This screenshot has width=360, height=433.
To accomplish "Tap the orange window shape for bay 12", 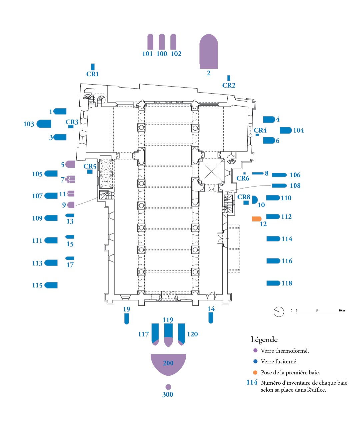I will [x=257, y=219].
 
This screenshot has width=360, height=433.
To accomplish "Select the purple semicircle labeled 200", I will [x=168, y=363].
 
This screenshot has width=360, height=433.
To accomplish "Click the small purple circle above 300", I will [x=168, y=387].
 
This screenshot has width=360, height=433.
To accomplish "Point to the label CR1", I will [x=93, y=74].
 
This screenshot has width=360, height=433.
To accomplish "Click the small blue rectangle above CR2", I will [x=229, y=78].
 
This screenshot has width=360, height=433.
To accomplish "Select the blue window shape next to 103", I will [x=44, y=124].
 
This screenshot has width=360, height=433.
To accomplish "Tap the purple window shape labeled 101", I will [x=150, y=42].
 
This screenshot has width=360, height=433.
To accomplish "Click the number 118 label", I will [x=287, y=283].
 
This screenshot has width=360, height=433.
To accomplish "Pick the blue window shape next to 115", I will [x=51, y=285].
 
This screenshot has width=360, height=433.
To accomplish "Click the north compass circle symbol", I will [x=279, y=312].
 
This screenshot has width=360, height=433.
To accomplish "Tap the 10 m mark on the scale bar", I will [x=342, y=311].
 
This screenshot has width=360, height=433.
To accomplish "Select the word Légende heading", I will [x=264, y=340].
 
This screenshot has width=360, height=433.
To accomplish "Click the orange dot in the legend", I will [x=255, y=372].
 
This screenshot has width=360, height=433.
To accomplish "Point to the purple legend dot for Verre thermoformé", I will [x=255, y=350].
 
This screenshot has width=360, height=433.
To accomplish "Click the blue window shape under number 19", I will [x=127, y=319].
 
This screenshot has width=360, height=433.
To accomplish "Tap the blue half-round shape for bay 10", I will [x=254, y=200].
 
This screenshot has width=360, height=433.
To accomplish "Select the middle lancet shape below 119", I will [x=168, y=335].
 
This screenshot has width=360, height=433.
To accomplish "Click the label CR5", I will [x=90, y=166].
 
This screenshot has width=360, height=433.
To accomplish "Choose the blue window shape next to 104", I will [x=286, y=130].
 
